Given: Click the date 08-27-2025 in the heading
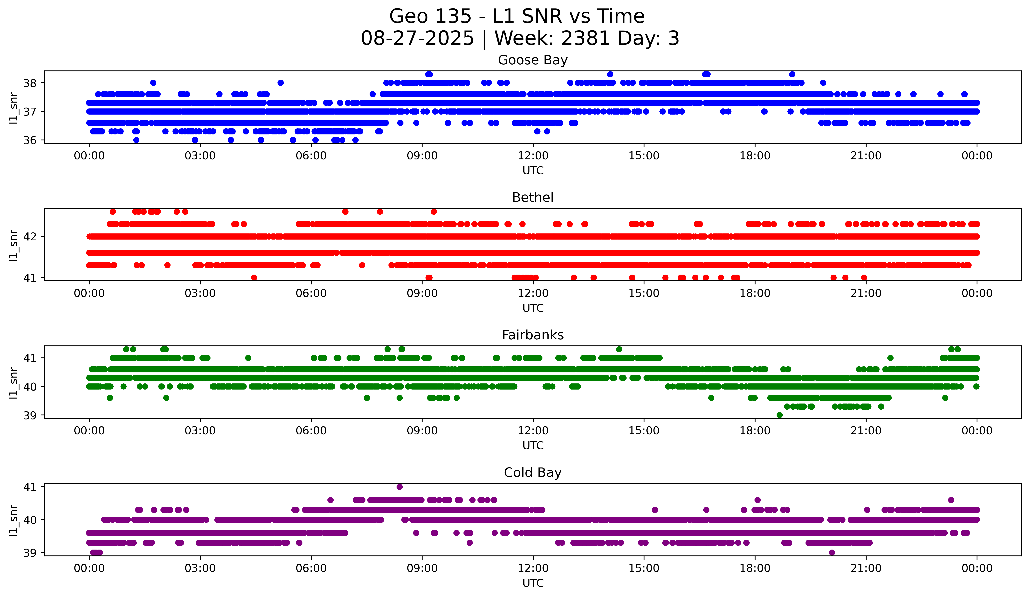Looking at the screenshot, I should [417, 38].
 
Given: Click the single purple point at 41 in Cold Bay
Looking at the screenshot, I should [399, 487].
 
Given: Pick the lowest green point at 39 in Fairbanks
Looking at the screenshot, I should [780, 415].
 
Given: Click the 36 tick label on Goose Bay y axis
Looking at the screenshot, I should [30, 140].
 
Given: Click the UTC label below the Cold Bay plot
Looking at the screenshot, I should [533, 583].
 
